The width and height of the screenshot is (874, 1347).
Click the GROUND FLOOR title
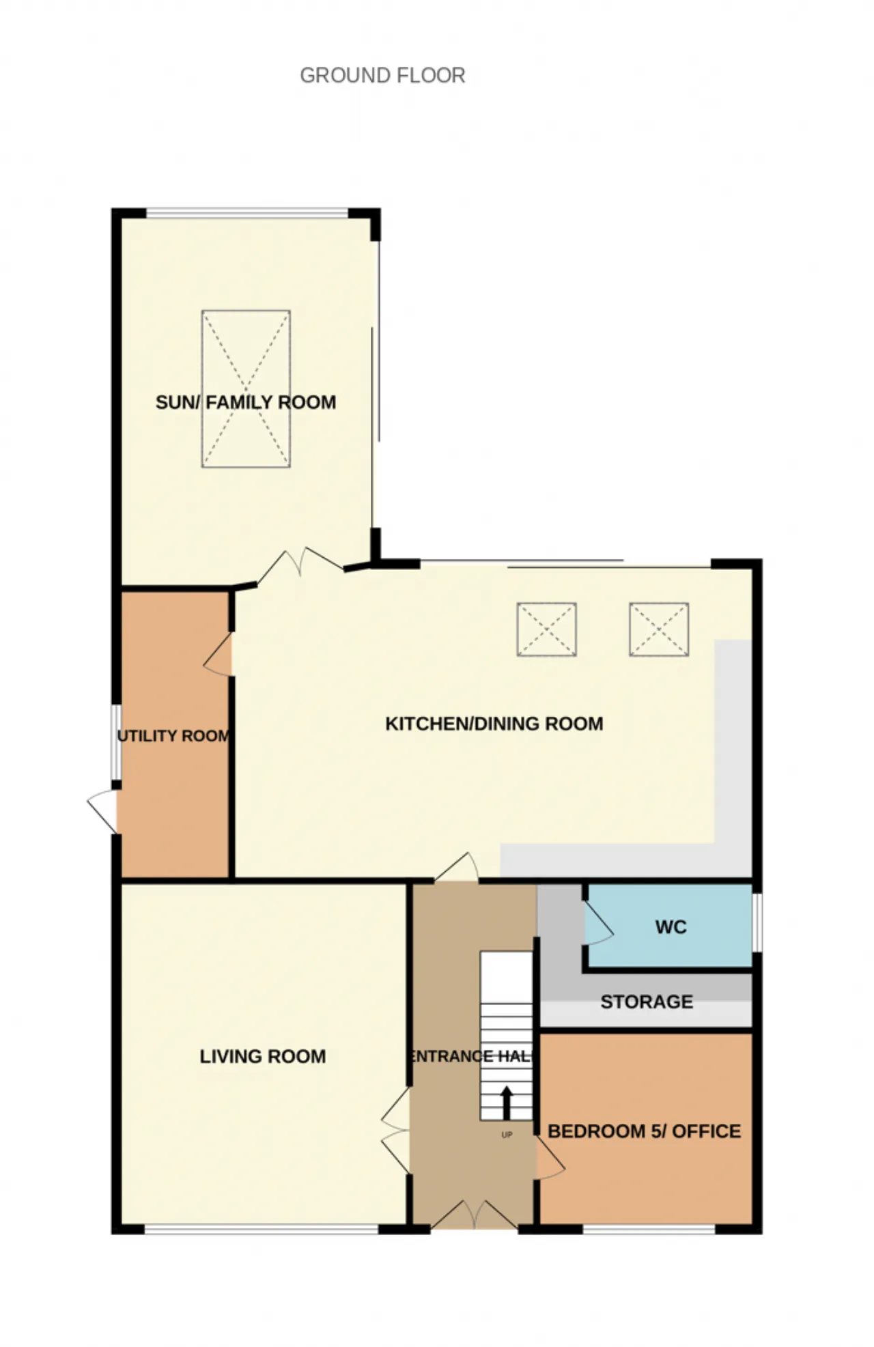382,75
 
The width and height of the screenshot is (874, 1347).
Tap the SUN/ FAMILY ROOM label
246,402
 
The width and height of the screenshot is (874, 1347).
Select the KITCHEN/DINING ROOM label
494,724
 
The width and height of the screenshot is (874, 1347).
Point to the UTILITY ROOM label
173,736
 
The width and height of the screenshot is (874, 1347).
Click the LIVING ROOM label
263,1056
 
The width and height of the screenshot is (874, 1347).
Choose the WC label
671,927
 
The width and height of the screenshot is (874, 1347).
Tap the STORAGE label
647,1002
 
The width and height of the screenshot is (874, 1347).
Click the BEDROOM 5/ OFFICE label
644,1131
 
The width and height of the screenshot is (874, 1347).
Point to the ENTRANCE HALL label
471,1056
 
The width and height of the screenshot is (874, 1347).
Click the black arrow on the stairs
507,1103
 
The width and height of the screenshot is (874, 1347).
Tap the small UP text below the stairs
507,1135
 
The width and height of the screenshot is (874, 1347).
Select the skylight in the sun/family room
246,388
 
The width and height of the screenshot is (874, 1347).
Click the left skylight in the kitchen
546,629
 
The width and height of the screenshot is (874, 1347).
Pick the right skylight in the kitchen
659,629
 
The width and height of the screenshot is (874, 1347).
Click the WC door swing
598,924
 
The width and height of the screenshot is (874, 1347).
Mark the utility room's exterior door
102,811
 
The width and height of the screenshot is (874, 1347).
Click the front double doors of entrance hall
474,1215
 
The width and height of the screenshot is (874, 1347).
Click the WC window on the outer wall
757,922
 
